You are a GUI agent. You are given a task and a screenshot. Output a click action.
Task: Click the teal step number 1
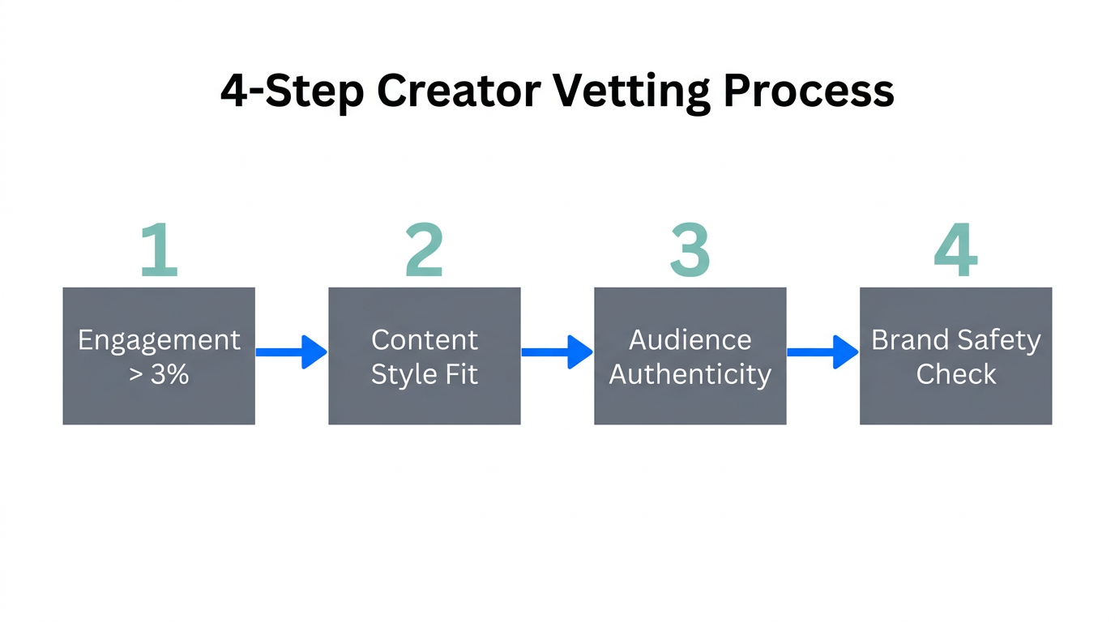point(160,250)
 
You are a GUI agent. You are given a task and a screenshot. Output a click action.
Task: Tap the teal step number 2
point(424,250)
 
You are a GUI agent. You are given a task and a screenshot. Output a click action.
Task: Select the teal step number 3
point(690,250)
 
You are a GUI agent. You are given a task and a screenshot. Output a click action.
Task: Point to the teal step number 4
point(955,250)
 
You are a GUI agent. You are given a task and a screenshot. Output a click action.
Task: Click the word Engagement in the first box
point(159,340)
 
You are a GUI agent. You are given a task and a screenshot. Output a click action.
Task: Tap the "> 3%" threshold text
point(159,375)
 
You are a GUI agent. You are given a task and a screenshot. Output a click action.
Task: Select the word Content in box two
point(425,340)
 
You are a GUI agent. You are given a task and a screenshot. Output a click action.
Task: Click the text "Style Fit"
point(425,375)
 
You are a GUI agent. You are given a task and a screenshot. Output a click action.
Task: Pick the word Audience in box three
point(690,340)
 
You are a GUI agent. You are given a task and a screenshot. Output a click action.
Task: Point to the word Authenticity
point(690,375)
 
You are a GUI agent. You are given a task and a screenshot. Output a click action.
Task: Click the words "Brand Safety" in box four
point(955,340)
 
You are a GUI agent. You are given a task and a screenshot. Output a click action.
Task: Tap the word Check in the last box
point(955,375)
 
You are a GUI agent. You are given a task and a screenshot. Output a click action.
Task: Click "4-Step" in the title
point(292,92)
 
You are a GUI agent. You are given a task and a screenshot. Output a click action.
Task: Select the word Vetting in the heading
point(632,92)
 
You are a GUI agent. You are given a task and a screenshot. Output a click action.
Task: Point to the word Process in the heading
point(809,92)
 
